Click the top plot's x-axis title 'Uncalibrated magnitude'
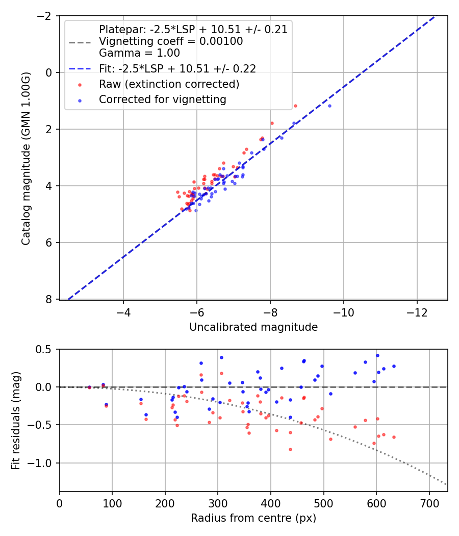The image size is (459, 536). pos(253,327)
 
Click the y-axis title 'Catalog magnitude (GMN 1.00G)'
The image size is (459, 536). pos(26,158)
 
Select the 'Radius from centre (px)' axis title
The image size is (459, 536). pos(253,518)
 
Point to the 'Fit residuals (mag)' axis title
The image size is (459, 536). pos(16,420)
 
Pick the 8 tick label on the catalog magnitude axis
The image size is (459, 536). pos(48,299)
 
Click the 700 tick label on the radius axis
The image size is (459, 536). pos(429,504)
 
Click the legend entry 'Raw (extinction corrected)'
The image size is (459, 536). pos(169,84)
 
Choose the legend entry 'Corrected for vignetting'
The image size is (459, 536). pos(163,100)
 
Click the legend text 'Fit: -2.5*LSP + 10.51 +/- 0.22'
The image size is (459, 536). pos(177,68)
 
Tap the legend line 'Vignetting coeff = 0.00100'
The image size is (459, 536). pos(171,41)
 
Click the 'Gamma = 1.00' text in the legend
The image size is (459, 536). pos(139,53)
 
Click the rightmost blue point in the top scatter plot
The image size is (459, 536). pos(329,106)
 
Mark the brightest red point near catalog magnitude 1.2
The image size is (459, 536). pos(295,106)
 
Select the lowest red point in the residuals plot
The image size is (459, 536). pos(290,449)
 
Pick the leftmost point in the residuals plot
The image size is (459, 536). pos(89,387)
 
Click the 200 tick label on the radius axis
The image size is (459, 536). pos(165,504)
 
